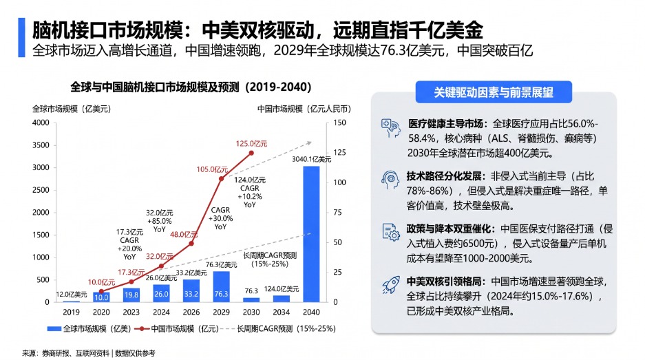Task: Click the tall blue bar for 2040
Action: tap(311, 234)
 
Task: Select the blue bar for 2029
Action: tap(221, 287)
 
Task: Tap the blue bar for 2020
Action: tap(101, 297)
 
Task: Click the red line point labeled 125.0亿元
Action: tap(251, 153)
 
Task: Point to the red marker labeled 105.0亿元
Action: tap(221, 178)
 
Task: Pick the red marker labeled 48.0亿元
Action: tap(191, 244)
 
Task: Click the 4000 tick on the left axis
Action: tap(41, 123)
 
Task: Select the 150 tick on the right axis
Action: tap(339, 123)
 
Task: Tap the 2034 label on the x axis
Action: tap(282, 313)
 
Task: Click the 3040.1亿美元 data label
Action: tap(311, 159)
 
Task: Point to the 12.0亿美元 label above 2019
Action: tap(72, 295)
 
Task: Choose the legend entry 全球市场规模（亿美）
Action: tap(89, 329)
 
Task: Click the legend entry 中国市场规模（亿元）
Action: tap(178, 329)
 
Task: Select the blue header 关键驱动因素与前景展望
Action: tap(494, 92)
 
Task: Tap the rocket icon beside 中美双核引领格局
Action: tap(391, 285)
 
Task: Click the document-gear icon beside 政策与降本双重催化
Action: tap(391, 232)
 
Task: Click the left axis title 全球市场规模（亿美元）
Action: tap(72, 109)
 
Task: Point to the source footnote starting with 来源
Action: tap(89, 353)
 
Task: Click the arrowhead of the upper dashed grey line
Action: tap(309, 143)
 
